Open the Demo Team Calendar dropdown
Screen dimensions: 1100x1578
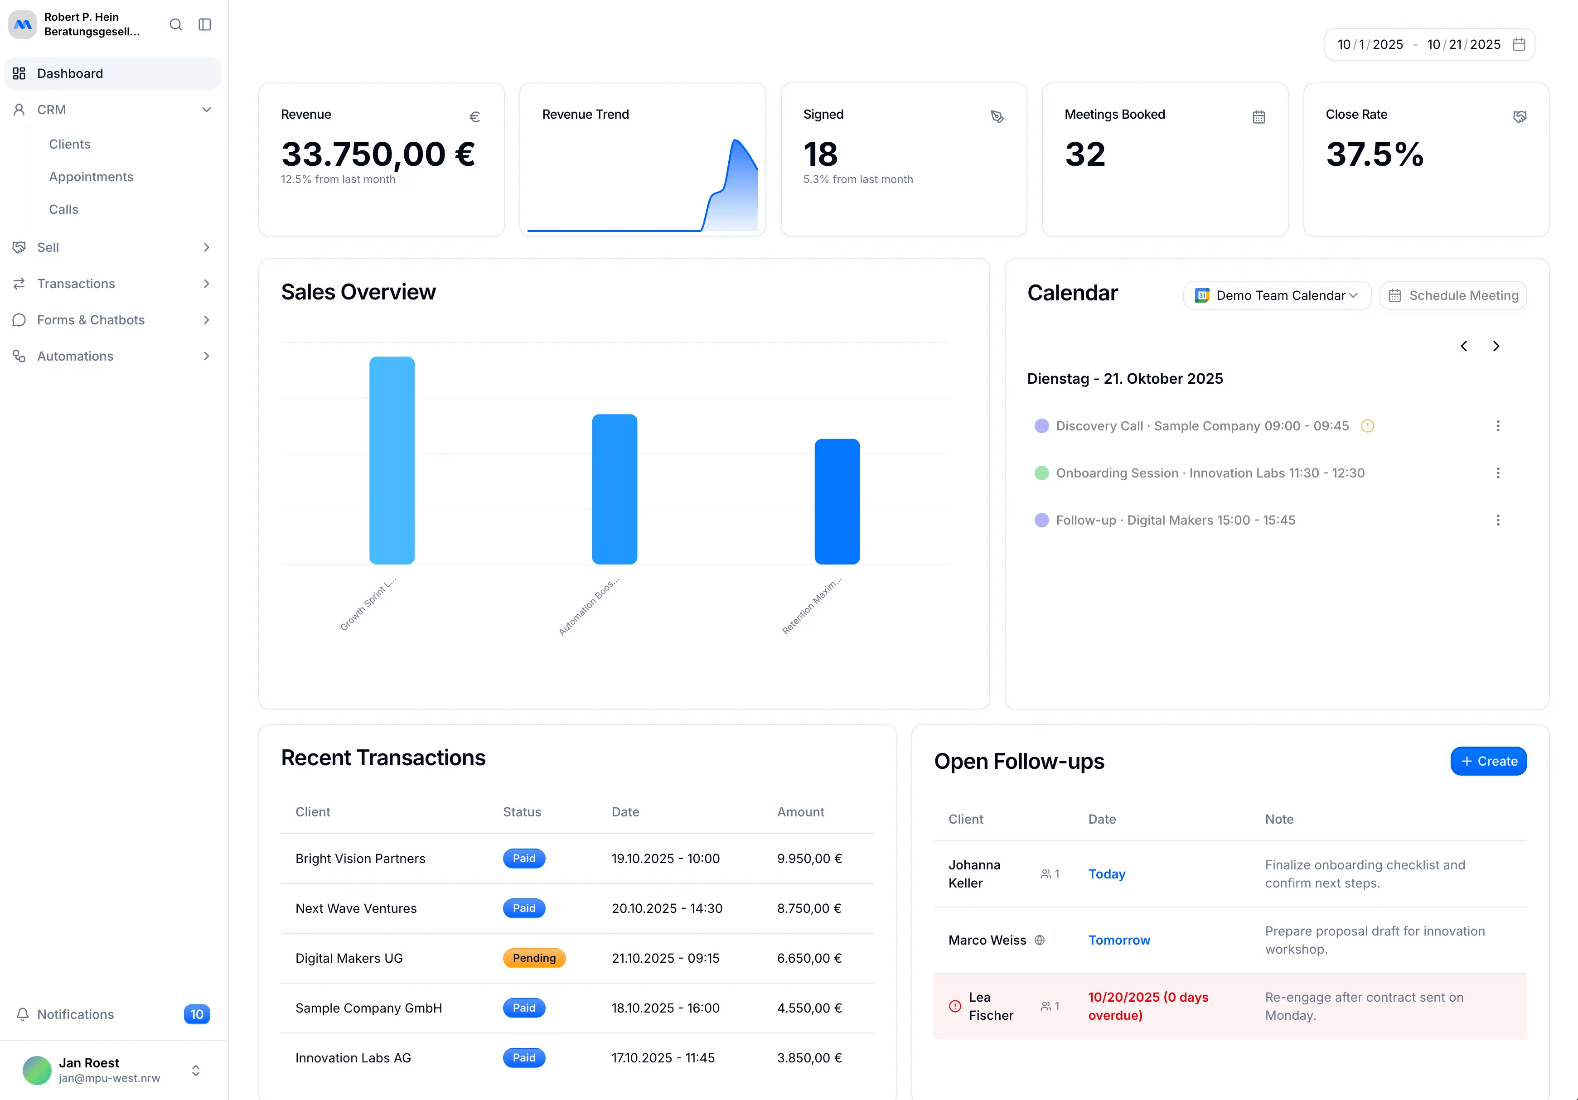[1277, 295]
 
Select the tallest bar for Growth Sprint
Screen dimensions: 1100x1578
[392, 460]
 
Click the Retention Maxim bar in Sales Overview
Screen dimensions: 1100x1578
[837, 502]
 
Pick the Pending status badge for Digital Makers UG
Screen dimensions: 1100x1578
[534, 958]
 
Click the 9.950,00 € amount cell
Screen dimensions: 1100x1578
[809, 858]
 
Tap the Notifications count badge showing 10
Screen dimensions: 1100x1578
[197, 1014]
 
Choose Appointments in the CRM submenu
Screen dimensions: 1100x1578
[91, 177]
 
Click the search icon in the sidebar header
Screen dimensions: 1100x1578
[176, 25]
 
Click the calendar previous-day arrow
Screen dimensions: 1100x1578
[1464, 346]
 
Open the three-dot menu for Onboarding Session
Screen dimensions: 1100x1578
[1498, 473]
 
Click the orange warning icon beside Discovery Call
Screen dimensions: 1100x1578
[1368, 426]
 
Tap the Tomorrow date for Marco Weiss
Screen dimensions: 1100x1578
[1119, 940]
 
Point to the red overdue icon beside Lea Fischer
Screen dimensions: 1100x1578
[954, 1006]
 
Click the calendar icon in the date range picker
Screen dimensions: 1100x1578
[1519, 45]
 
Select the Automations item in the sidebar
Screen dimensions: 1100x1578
[75, 356]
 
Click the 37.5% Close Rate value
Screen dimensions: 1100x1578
[1375, 154]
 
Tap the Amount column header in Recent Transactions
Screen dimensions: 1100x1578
[801, 811]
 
